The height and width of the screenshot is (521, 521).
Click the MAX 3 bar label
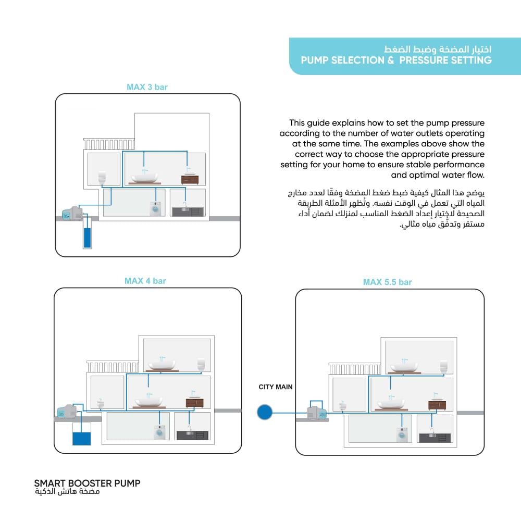point(147,87)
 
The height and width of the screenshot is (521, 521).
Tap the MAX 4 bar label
point(145,281)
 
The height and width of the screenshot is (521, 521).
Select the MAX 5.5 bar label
point(387,282)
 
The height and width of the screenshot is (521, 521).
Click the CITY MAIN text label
point(276,387)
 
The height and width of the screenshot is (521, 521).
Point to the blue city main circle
point(265,413)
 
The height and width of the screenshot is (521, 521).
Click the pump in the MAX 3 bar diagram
point(72,213)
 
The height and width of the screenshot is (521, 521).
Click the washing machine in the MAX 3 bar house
point(156,209)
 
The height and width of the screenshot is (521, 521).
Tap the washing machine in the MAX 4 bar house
point(159,433)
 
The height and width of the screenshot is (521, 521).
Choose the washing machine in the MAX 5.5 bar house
point(401,435)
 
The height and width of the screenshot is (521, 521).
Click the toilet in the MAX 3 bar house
point(102,177)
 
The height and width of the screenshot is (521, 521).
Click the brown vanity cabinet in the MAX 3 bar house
point(190,179)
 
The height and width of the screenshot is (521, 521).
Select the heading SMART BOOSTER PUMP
point(87,483)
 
